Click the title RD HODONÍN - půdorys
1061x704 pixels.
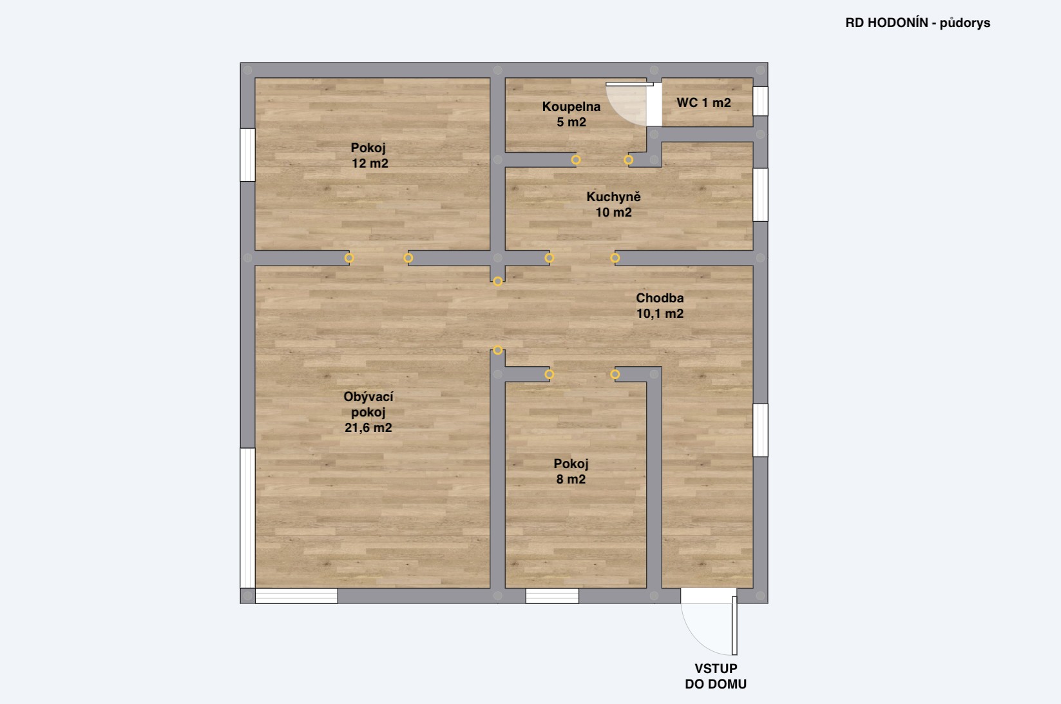pyautogui.click(x=917, y=23)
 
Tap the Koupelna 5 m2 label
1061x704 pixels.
pyautogui.click(x=571, y=114)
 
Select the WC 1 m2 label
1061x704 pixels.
pyautogui.click(x=703, y=103)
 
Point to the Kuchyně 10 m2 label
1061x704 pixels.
pyautogui.click(x=613, y=204)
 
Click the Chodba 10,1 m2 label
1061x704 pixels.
pyautogui.click(x=660, y=306)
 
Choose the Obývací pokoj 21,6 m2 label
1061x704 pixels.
pyautogui.click(x=368, y=412)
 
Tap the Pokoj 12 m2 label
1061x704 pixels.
pyautogui.click(x=370, y=155)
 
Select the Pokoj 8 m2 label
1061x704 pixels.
pyautogui.click(x=571, y=472)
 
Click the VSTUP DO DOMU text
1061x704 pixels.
pyautogui.click(x=716, y=676)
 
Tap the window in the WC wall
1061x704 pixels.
pyautogui.click(x=760, y=101)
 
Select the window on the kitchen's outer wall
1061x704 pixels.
pyautogui.click(x=760, y=195)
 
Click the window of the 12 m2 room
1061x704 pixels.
pyautogui.click(x=248, y=155)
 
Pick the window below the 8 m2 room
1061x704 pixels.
pyautogui.click(x=552, y=596)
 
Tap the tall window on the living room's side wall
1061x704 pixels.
pyautogui.click(x=248, y=518)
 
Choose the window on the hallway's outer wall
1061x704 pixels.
pyautogui.click(x=760, y=431)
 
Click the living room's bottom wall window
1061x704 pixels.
pyautogui.click(x=296, y=596)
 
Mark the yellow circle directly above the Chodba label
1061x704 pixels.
pyautogui.click(x=615, y=258)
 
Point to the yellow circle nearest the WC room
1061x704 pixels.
pyautogui.click(x=629, y=160)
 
